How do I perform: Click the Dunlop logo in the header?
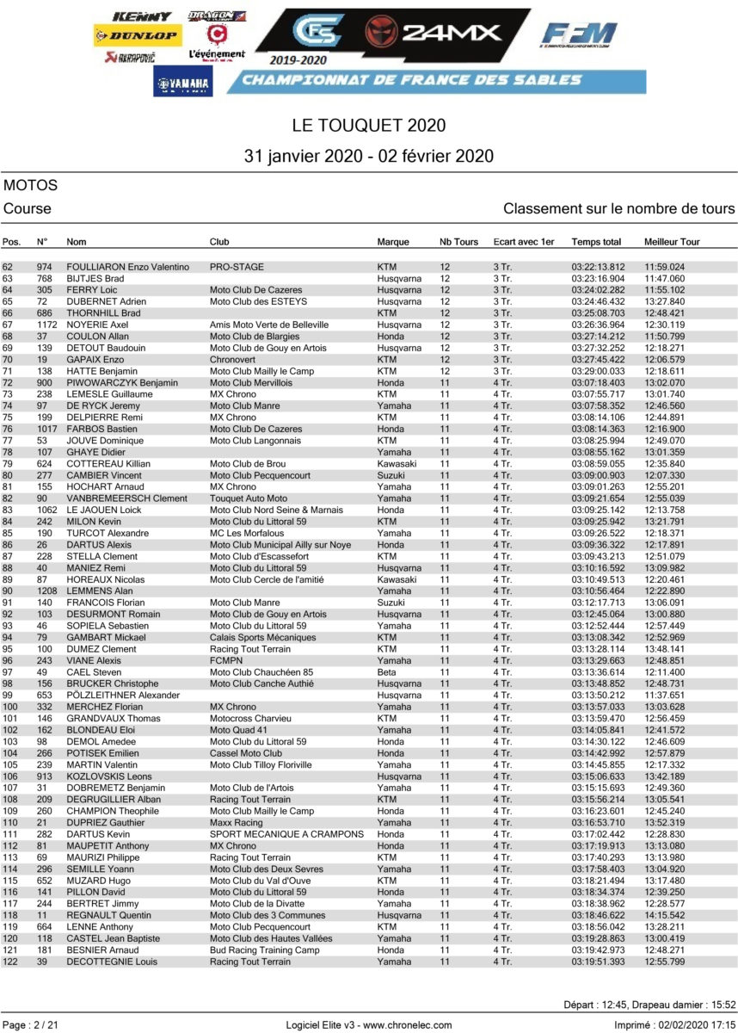click(x=136, y=36)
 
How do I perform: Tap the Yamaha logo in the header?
click(x=183, y=83)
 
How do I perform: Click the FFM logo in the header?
click(x=579, y=35)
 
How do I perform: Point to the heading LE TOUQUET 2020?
click(x=369, y=126)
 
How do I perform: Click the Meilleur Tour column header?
click(x=672, y=242)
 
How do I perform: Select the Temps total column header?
click(x=596, y=242)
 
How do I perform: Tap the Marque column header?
click(x=393, y=242)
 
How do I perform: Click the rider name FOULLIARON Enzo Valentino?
click(x=127, y=268)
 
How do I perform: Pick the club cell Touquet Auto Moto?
click(x=249, y=498)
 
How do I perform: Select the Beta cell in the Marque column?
click(x=387, y=671)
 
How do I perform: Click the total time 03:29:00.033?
click(x=598, y=371)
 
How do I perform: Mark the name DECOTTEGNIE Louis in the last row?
click(x=112, y=962)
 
